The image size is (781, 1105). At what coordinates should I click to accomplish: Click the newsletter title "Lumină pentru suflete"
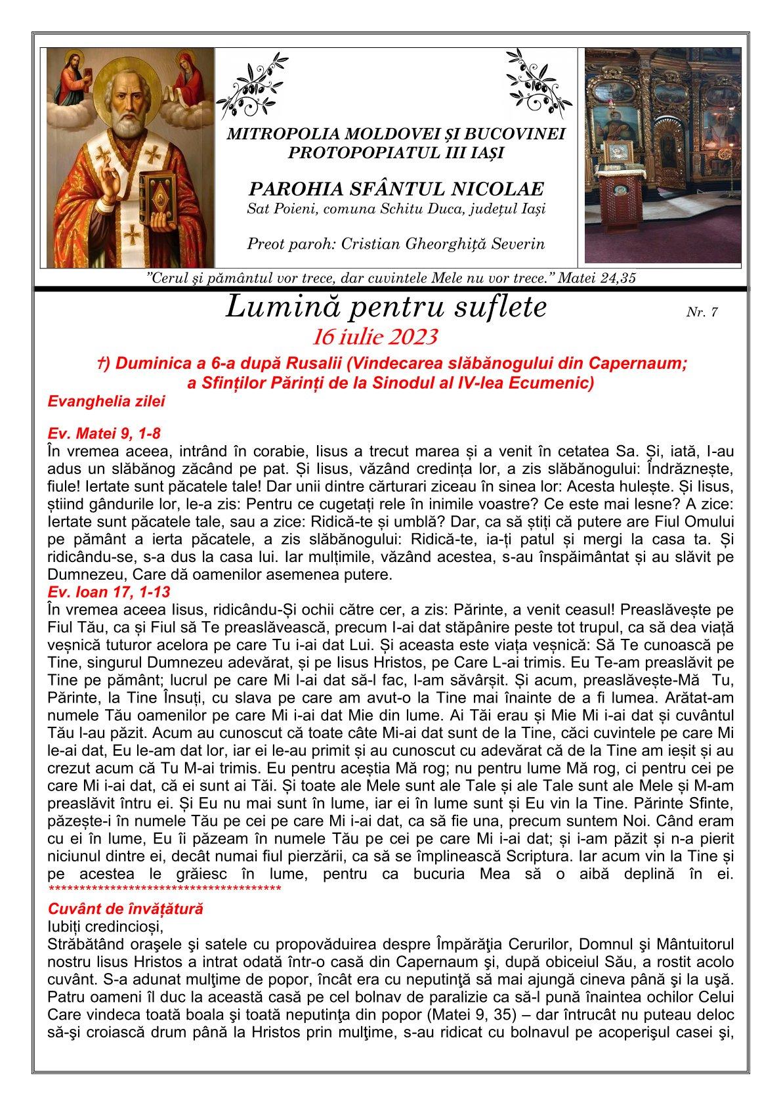coord(386,307)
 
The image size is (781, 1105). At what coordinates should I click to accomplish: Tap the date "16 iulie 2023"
coord(375,337)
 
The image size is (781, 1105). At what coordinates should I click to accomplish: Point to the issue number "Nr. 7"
coord(702,313)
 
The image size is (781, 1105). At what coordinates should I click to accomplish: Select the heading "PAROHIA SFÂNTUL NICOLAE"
coord(396,190)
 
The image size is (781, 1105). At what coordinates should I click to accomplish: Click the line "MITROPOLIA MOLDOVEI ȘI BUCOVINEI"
coord(396,135)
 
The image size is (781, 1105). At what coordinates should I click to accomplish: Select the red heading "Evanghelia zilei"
coord(106,401)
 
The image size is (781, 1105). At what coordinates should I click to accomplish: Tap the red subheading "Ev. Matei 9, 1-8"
coord(104,434)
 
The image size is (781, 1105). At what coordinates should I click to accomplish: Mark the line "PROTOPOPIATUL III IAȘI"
coord(396,152)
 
